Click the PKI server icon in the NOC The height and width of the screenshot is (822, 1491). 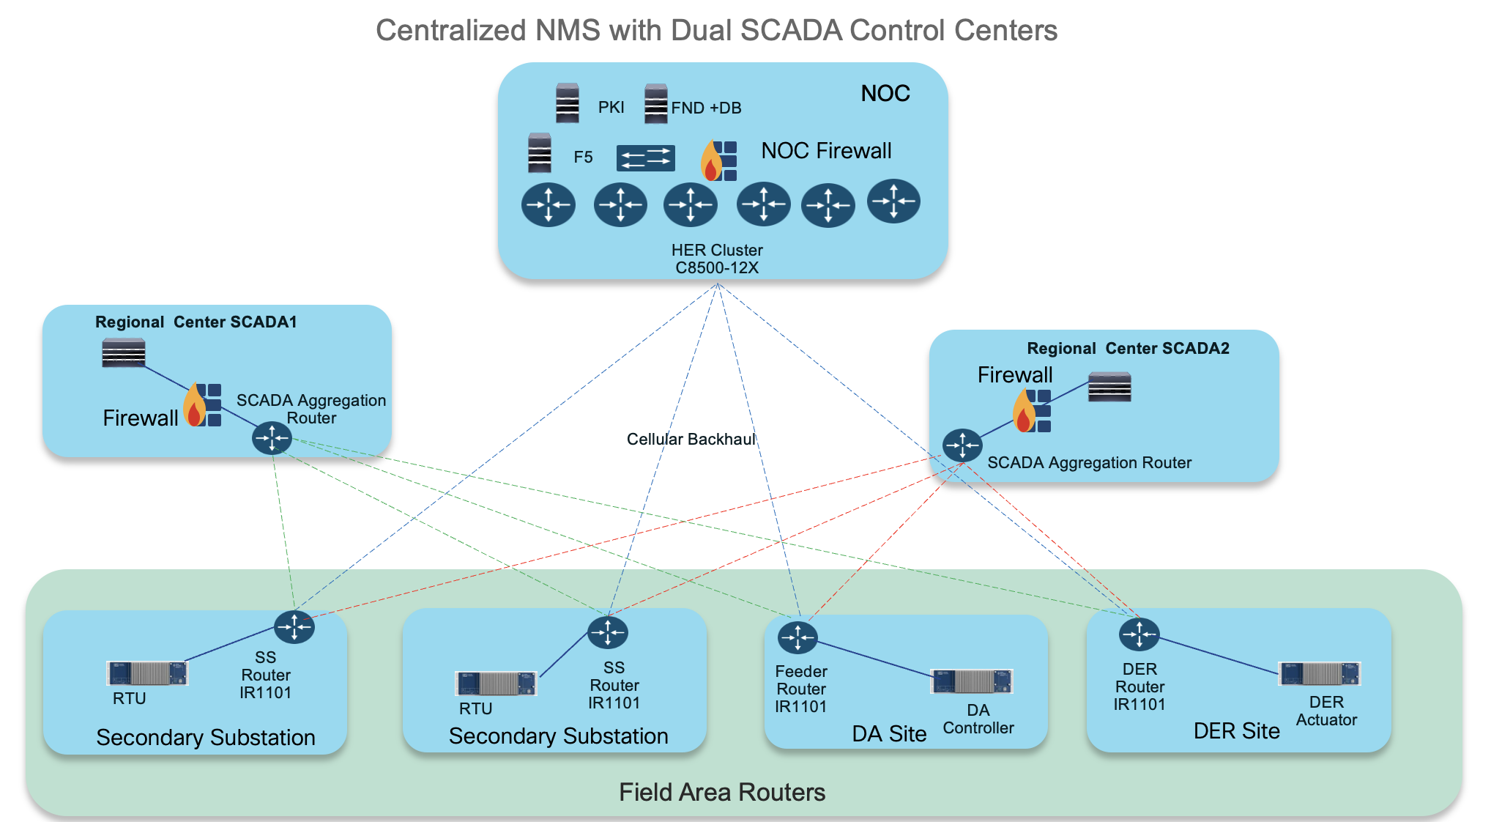[x=568, y=103]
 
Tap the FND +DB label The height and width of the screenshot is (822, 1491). [x=706, y=108]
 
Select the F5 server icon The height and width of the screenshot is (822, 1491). [x=540, y=152]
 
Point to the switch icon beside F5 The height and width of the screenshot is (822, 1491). [x=645, y=158]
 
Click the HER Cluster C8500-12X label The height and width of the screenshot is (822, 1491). [x=717, y=259]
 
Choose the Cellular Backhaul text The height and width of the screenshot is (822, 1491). [x=691, y=440]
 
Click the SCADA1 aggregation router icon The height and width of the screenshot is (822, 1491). [x=272, y=438]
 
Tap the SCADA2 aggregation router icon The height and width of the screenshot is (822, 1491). [x=962, y=445]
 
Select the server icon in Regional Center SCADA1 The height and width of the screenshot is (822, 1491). [x=124, y=353]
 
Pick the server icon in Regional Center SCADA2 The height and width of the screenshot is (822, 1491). [x=1109, y=387]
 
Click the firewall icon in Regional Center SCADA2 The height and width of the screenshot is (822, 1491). [x=1032, y=411]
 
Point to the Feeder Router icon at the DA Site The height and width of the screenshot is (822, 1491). [x=797, y=637]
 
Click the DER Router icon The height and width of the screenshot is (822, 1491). [x=1139, y=634]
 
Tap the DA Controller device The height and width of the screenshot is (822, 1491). [x=971, y=681]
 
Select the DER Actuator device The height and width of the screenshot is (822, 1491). [x=1319, y=674]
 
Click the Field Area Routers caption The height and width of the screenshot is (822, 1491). [x=721, y=793]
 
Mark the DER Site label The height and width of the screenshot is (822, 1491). [x=1236, y=731]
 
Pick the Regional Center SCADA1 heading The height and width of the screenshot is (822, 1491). [x=196, y=322]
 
